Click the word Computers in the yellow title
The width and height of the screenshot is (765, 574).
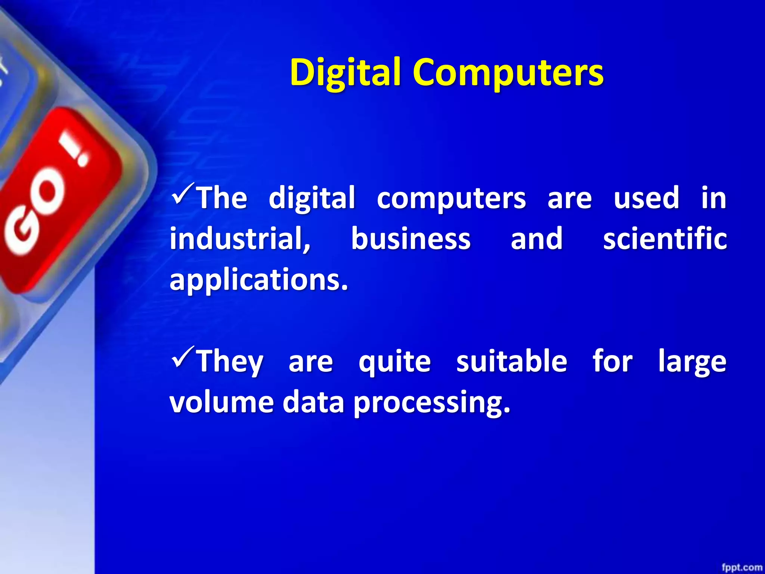pyautogui.click(x=508, y=72)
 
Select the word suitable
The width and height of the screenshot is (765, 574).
pyautogui.click(x=512, y=361)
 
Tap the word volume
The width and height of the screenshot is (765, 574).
pyautogui.click(x=222, y=402)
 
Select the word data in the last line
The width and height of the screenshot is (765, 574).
pyautogui.click(x=313, y=402)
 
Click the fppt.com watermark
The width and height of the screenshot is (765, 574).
pyautogui.click(x=742, y=567)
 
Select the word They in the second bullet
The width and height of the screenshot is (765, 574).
pyautogui.click(x=230, y=361)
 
